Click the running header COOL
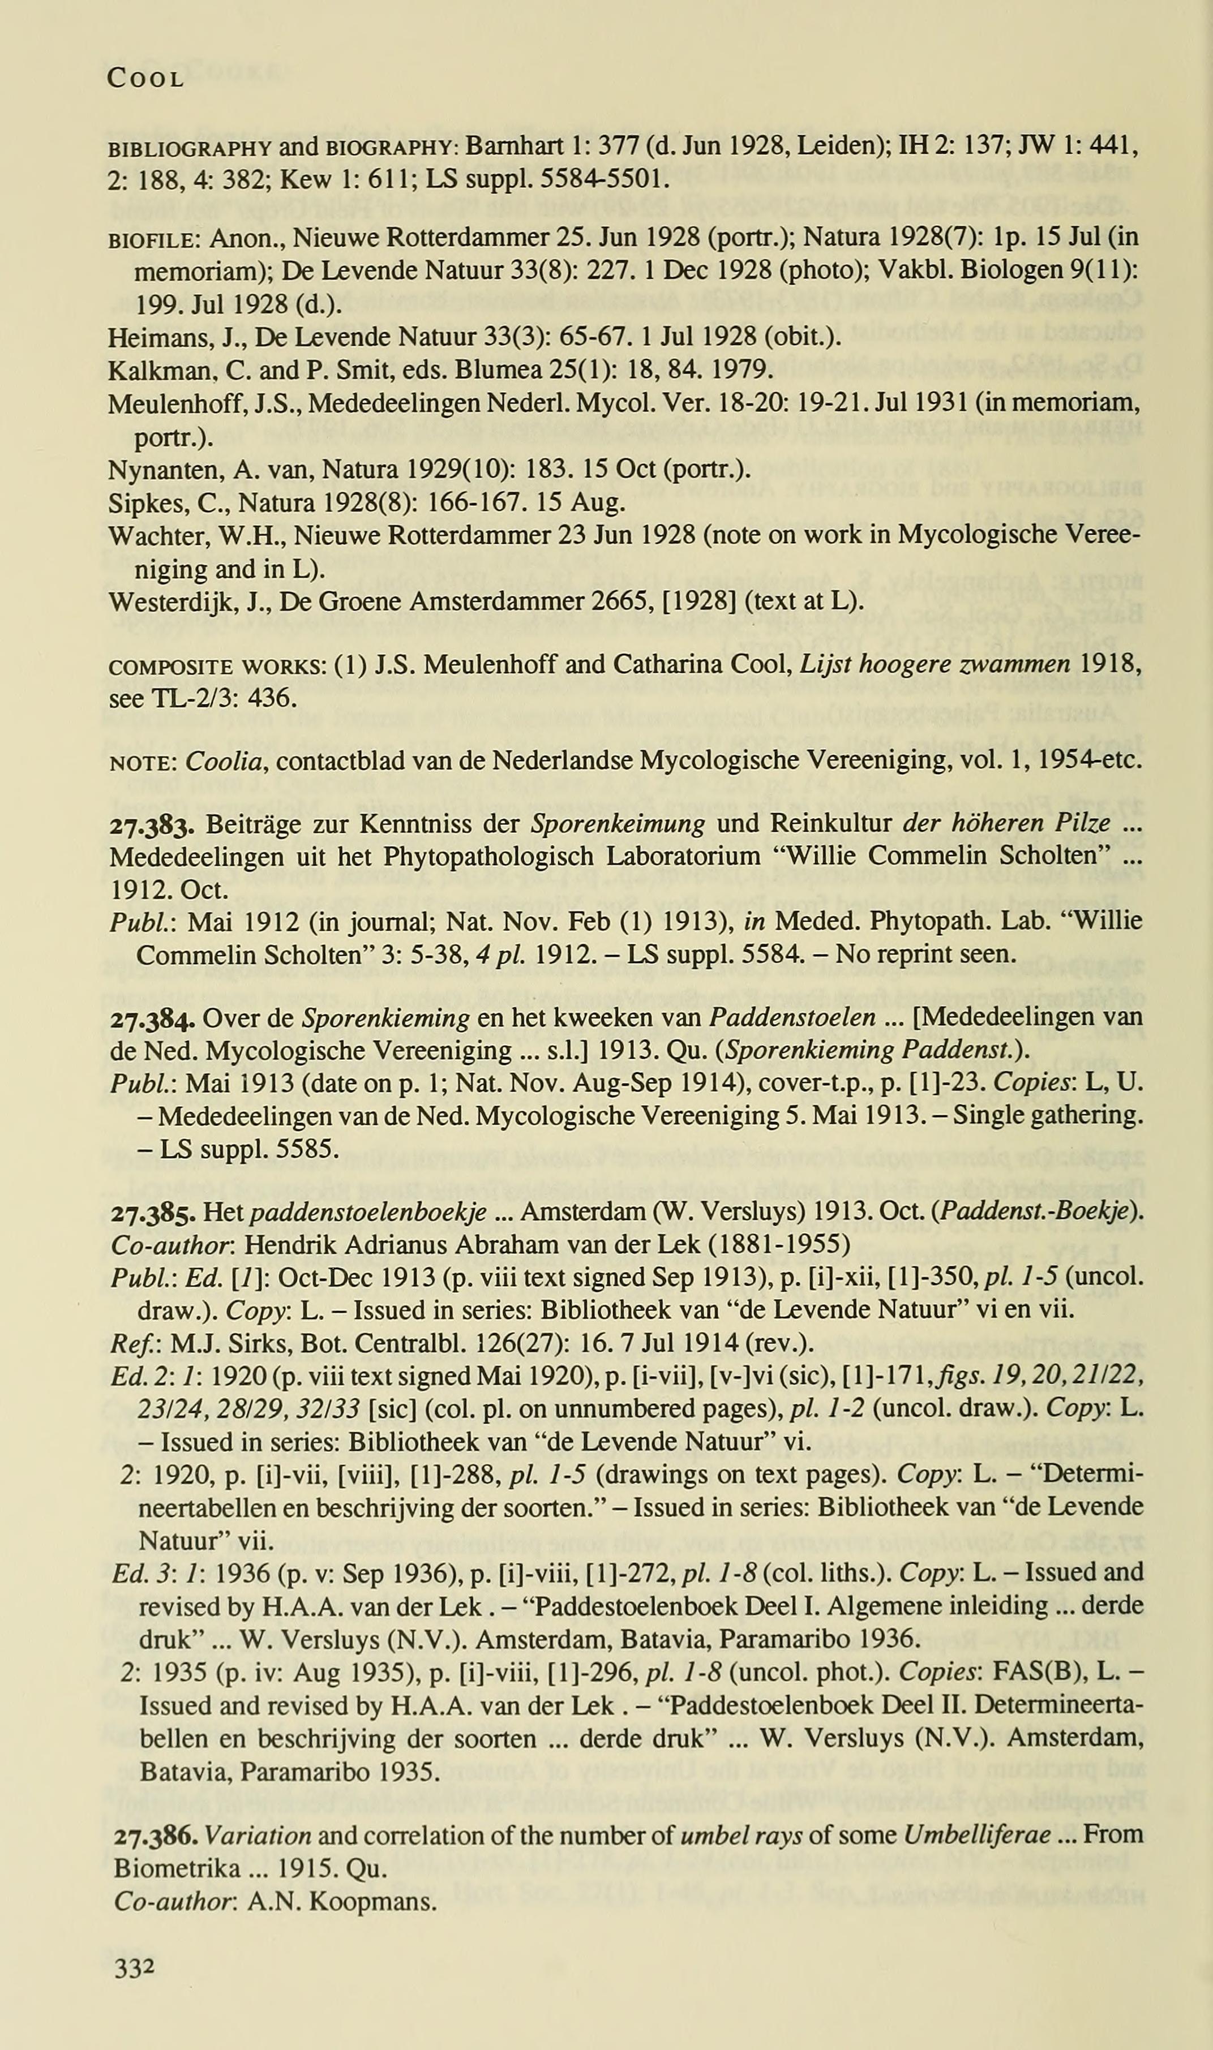(x=145, y=79)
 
